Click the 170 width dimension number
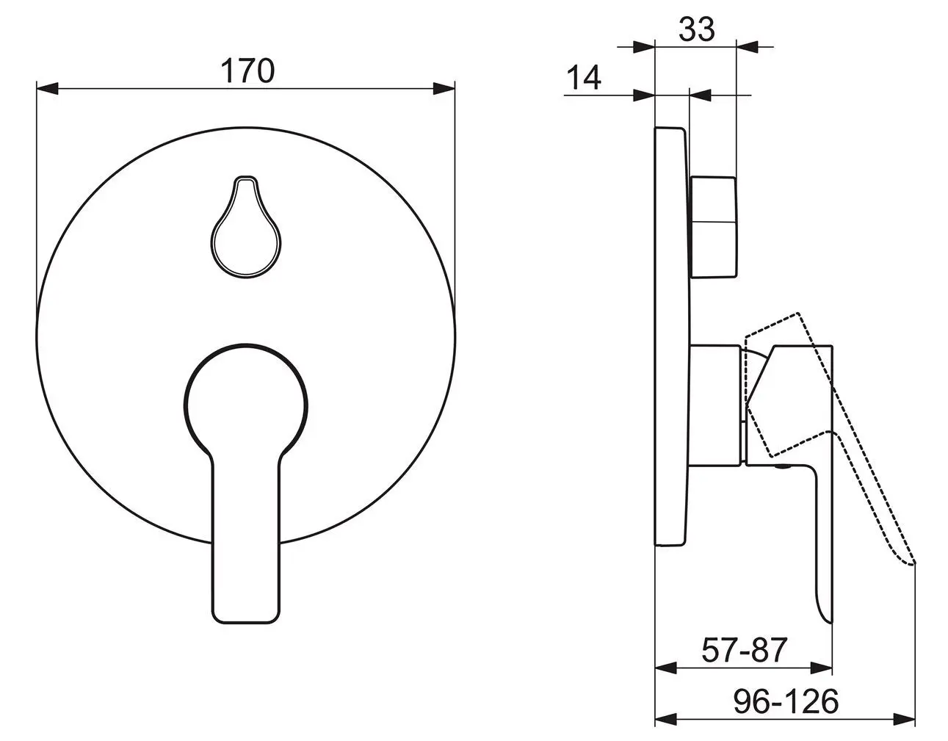pos(247,71)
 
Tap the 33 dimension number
pos(697,29)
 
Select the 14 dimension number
pos(584,78)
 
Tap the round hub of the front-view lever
pos(246,405)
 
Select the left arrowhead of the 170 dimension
pos(47,89)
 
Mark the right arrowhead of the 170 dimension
pos(444,89)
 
